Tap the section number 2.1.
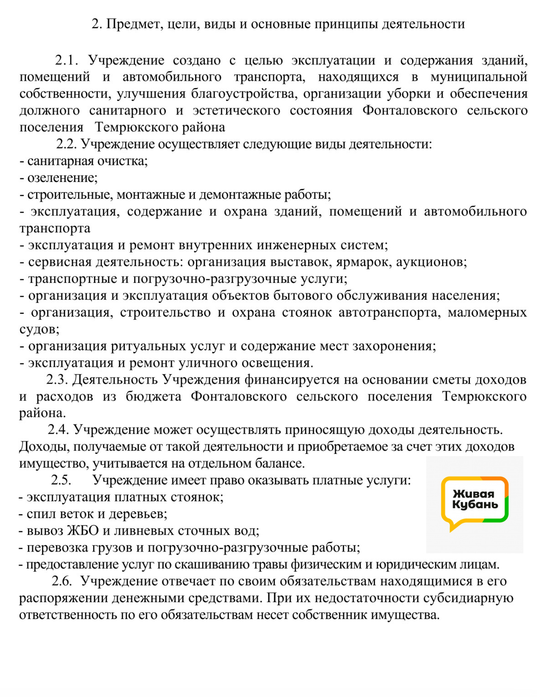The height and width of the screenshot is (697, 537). click(x=67, y=60)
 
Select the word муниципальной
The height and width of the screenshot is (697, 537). click(x=479, y=77)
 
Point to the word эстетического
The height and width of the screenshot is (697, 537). click(x=236, y=110)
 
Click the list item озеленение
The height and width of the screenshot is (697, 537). click(x=62, y=177)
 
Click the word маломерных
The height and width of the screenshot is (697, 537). click(x=487, y=312)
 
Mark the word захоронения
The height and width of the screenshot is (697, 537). click(x=394, y=346)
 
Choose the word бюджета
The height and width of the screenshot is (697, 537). click(x=154, y=396)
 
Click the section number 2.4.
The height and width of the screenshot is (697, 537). click(x=58, y=430)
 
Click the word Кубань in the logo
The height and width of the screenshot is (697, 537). click(x=475, y=505)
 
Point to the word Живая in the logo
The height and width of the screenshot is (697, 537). click(x=473, y=494)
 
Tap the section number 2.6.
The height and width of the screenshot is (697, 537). click(x=62, y=581)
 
